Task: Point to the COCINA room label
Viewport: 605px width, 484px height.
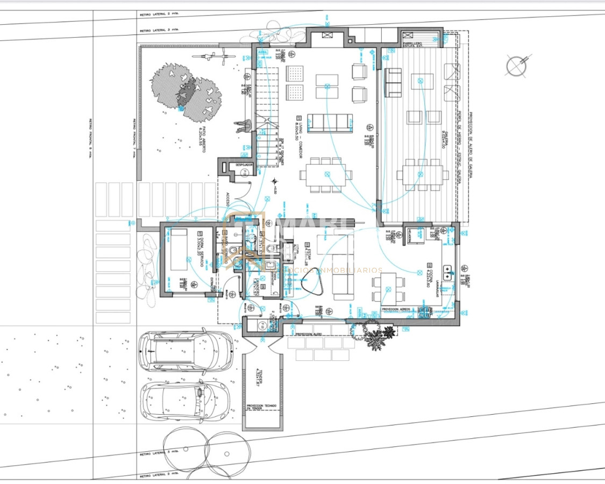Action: (429, 276)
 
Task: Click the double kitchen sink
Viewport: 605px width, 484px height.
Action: (448, 267)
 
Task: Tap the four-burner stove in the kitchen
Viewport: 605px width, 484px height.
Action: (429, 311)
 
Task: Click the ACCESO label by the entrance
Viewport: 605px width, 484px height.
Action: (227, 200)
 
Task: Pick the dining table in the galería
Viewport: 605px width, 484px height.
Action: (423, 173)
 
